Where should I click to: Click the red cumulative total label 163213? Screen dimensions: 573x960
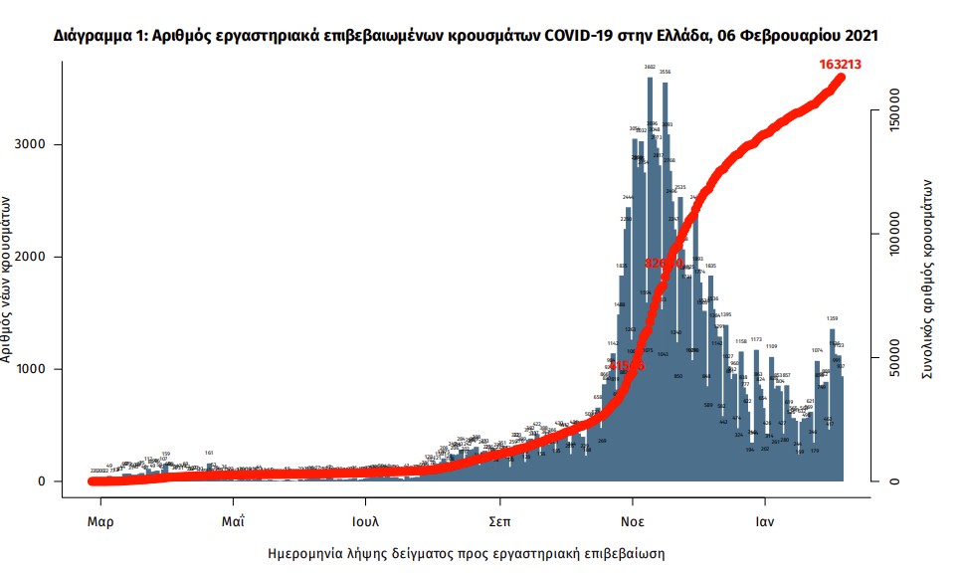840,64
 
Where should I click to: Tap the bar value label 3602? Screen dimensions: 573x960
650,67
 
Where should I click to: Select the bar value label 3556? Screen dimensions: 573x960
666,73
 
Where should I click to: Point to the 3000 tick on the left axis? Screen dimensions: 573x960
36,144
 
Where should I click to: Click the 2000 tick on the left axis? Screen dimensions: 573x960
36,257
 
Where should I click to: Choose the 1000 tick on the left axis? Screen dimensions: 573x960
36,369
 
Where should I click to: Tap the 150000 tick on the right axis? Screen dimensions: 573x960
894,112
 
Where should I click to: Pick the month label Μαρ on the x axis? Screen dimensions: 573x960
99,520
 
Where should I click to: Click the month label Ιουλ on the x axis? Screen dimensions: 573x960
365,520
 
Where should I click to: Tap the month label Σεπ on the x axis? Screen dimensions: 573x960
499,520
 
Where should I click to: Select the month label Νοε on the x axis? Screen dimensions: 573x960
632,520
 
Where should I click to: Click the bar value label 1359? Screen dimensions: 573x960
832,319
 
